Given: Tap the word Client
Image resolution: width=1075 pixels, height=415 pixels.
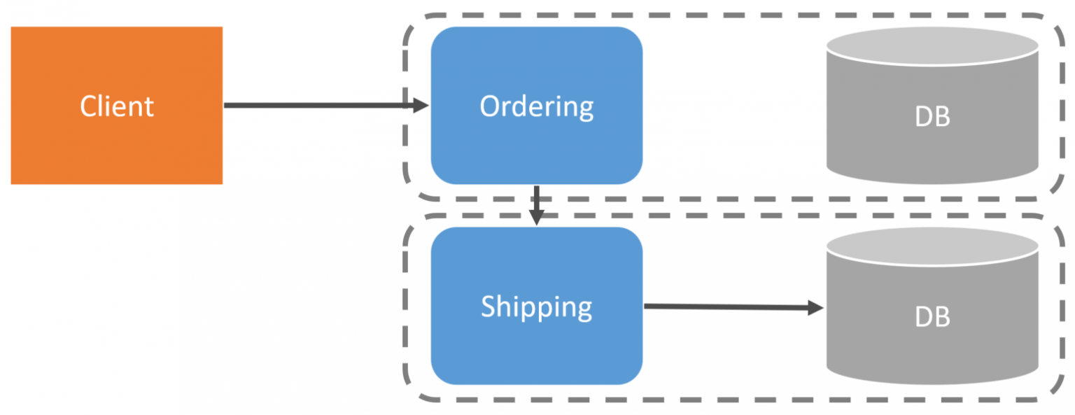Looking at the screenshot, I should tap(117, 106).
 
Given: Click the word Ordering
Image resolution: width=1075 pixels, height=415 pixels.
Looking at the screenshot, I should tap(536, 106).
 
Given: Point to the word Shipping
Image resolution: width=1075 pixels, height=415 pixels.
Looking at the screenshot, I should tap(536, 307).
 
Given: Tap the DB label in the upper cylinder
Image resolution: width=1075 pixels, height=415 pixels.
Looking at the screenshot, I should tap(932, 117).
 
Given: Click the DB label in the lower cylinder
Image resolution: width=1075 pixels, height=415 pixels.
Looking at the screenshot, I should tap(932, 317).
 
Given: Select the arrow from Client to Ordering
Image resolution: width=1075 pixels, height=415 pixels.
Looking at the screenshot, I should tap(315, 106).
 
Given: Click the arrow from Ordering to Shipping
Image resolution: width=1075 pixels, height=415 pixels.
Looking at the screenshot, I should tap(536, 199).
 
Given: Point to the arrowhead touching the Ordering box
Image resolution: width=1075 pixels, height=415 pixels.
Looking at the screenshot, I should tap(421, 106).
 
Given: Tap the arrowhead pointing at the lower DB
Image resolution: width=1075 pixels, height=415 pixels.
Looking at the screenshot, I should tap(816, 307).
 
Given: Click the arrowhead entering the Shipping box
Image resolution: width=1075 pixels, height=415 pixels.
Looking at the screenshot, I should tap(536, 218).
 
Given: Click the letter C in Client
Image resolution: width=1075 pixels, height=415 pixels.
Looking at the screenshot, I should tap(88, 106).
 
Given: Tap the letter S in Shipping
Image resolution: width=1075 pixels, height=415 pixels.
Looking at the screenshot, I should tap(489, 307).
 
